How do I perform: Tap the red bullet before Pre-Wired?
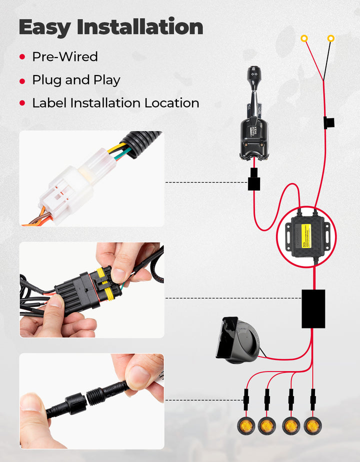[x=22, y=57]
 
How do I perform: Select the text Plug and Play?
[x=76, y=80]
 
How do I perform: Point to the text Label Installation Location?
[x=115, y=103]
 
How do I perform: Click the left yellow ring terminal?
[x=304, y=38]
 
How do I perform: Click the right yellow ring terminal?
[x=330, y=38]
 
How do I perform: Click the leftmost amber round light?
[x=245, y=426]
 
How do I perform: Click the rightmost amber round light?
[x=313, y=426]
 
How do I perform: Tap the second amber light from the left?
[x=267, y=426]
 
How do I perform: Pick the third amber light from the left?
[x=290, y=426]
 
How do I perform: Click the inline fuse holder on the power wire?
[x=328, y=122]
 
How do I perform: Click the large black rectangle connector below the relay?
[x=313, y=309]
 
